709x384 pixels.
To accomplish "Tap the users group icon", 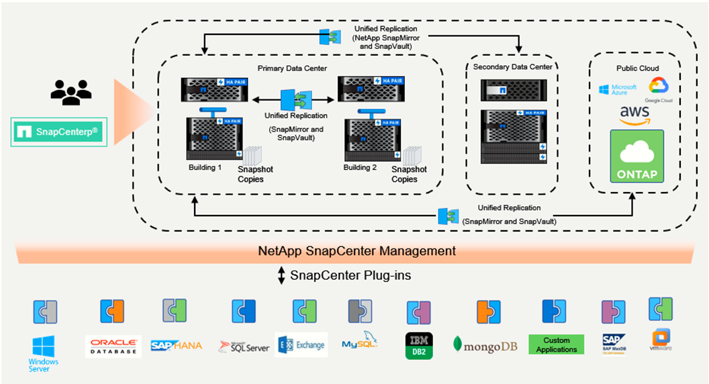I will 70,91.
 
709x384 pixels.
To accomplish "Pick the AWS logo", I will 634,114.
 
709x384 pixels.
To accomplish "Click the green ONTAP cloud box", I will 636,156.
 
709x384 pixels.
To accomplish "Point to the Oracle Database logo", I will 113,346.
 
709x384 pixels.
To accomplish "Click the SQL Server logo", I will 244,346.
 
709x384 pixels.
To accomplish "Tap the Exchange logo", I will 301,345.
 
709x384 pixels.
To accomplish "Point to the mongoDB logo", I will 485,345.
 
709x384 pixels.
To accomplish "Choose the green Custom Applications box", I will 556,345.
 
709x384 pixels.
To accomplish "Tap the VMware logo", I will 661,340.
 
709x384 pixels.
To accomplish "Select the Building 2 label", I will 360,167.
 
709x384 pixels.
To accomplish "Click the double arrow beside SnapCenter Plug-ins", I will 282,275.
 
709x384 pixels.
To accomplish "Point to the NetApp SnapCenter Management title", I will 357,251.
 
